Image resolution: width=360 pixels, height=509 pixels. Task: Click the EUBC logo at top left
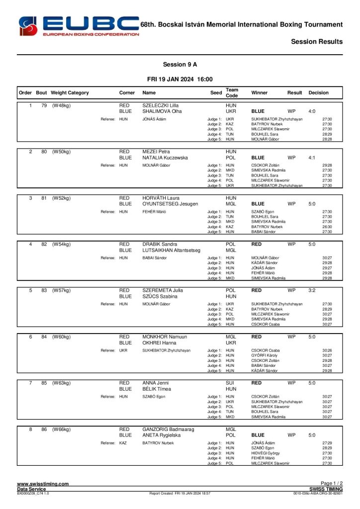tap(78, 26)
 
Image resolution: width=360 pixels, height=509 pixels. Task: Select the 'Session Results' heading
tap(317, 42)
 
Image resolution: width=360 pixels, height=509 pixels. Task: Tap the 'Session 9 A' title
tap(180, 65)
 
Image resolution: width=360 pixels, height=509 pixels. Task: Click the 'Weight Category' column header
tap(70, 92)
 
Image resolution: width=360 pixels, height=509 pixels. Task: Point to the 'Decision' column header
tap(318, 92)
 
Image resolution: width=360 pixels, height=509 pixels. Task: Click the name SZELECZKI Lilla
tap(161, 106)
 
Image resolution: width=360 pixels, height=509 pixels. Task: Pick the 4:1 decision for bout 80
tap(312, 158)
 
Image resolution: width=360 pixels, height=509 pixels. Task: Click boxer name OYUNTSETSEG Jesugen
tap(170, 204)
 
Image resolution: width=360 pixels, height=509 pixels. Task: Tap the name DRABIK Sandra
tap(160, 244)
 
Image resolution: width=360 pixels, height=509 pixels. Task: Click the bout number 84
tap(44, 337)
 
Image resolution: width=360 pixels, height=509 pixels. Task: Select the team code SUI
tap(230, 383)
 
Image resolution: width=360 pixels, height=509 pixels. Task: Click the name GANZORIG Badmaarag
tap(168, 429)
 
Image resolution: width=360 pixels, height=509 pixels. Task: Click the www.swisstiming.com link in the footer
tap(43, 484)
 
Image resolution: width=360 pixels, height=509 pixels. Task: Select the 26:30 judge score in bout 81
tap(327, 227)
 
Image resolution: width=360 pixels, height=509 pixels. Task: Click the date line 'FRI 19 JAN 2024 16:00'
tap(180, 79)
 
